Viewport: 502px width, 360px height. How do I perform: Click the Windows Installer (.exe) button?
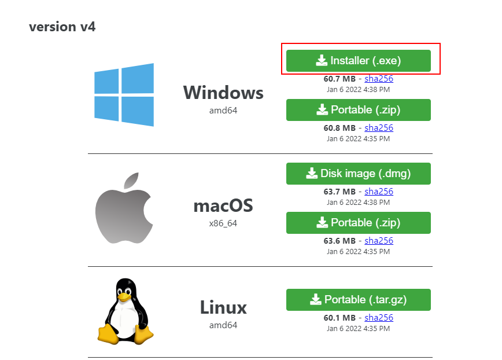coord(358,61)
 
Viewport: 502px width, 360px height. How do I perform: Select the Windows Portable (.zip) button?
coord(358,110)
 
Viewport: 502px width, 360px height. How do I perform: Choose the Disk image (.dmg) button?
coord(358,173)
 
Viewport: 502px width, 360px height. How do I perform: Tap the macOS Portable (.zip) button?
coord(358,223)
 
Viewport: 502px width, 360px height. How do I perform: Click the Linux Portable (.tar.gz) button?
coord(358,300)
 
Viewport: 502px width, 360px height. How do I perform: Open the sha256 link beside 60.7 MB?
coord(379,79)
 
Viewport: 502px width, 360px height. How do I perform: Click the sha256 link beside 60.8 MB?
coord(379,128)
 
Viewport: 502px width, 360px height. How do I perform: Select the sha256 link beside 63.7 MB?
coord(379,192)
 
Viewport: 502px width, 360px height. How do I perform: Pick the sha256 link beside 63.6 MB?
coord(379,241)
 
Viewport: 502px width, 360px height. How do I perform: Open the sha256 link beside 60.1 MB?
coord(379,318)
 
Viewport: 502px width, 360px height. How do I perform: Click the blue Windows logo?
coord(124,95)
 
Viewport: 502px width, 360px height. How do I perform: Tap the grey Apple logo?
coord(123,208)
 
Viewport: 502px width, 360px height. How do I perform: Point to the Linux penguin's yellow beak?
coord(124,296)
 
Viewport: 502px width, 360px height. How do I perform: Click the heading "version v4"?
coord(62,27)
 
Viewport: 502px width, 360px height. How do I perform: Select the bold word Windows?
coord(223,93)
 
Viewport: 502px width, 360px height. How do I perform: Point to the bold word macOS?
coord(223,206)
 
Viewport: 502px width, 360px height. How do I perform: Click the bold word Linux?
coord(223,307)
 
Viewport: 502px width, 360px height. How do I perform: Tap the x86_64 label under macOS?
coord(223,223)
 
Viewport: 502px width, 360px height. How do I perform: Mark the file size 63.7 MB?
coord(339,192)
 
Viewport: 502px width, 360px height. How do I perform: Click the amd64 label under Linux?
coord(223,325)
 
